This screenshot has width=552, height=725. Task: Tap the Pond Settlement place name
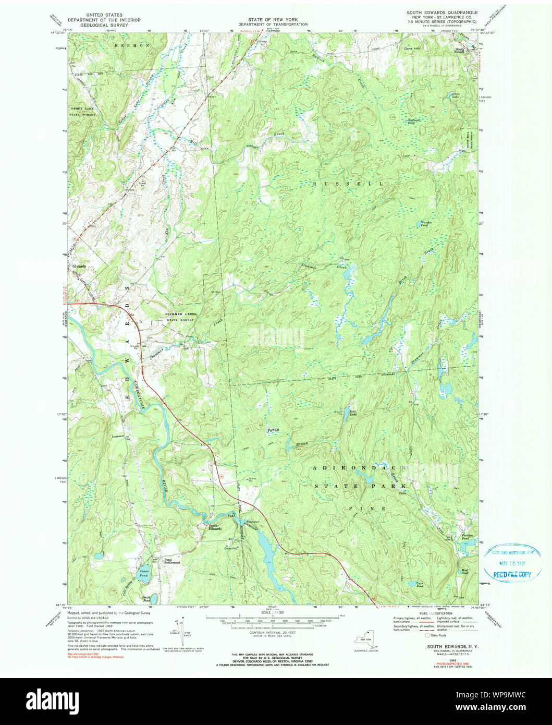pos(171,561)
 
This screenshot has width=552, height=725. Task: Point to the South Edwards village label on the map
pos(215,527)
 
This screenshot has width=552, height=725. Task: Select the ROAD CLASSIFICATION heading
pos(431,614)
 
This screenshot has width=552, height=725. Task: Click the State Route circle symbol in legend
pos(429,635)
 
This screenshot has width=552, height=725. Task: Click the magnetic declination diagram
pos(181,629)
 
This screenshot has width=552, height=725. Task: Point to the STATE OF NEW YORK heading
pos(273,20)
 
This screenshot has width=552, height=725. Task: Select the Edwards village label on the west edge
pos(79,265)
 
